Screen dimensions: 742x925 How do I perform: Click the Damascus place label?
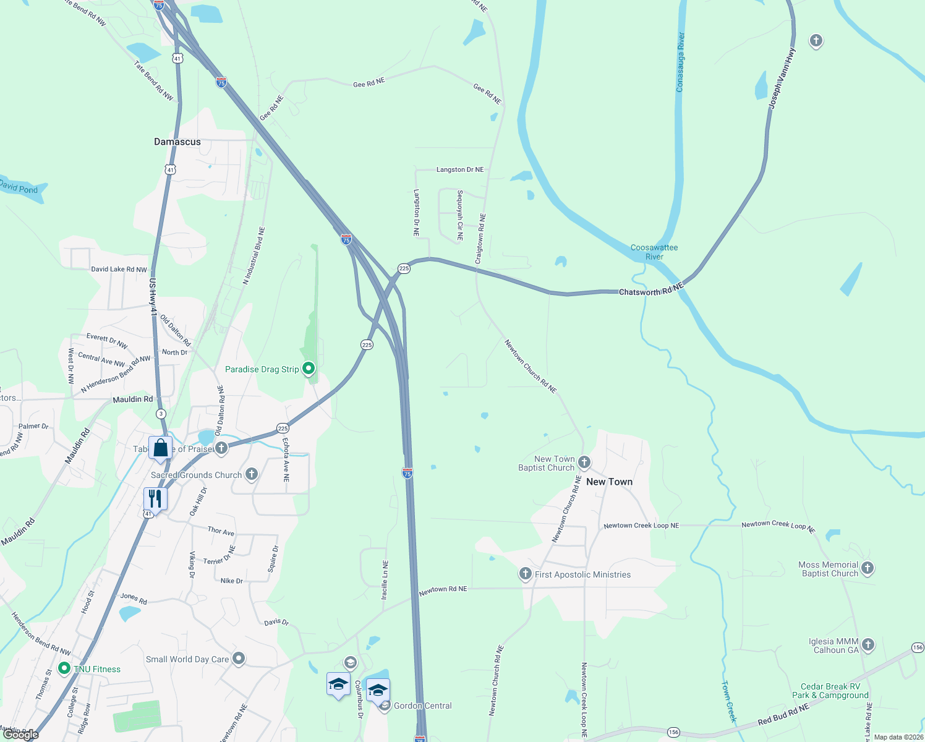pyautogui.click(x=177, y=142)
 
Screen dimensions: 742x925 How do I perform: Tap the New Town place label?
pyautogui.click(x=609, y=482)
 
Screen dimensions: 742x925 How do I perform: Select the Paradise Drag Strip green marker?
pyautogui.click(x=308, y=369)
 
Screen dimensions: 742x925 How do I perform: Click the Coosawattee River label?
pyautogui.click(x=654, y=252)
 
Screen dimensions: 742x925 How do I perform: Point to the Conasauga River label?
pyautogui.click(x=680, y=62)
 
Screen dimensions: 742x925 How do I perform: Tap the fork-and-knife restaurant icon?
pyautogui.click(x=155, y=498)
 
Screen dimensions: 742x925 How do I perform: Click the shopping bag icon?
pyautogui.click(x=160, y=448)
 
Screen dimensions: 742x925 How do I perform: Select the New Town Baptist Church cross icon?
pyautogui.click(x=584, y=463)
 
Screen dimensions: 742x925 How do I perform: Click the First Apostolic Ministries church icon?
pyautogui.click(x=525, y=574)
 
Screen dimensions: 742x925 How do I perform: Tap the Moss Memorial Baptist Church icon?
pyautogui.click(x=867, y=568)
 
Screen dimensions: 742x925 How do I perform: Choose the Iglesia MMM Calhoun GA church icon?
pyautogui.click(x=867, y=645)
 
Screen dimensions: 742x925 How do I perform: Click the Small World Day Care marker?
pyautogui.click(x=239, y=659)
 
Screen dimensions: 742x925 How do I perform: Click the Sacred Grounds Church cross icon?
pyautogui.click(x=251, y=474)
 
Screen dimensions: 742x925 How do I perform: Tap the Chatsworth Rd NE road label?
pyautogui.click(x=651, y=289)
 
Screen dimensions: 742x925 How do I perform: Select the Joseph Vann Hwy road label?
pyautogui.click(x=782, y=79)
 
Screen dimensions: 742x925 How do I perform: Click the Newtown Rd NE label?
pyautogui.click(x=443, y=591)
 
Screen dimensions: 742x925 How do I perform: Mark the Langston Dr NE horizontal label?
pyautogui.click(x=460, y=169)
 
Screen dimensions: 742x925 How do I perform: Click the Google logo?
pyautogui.click(x=21, y=735)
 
